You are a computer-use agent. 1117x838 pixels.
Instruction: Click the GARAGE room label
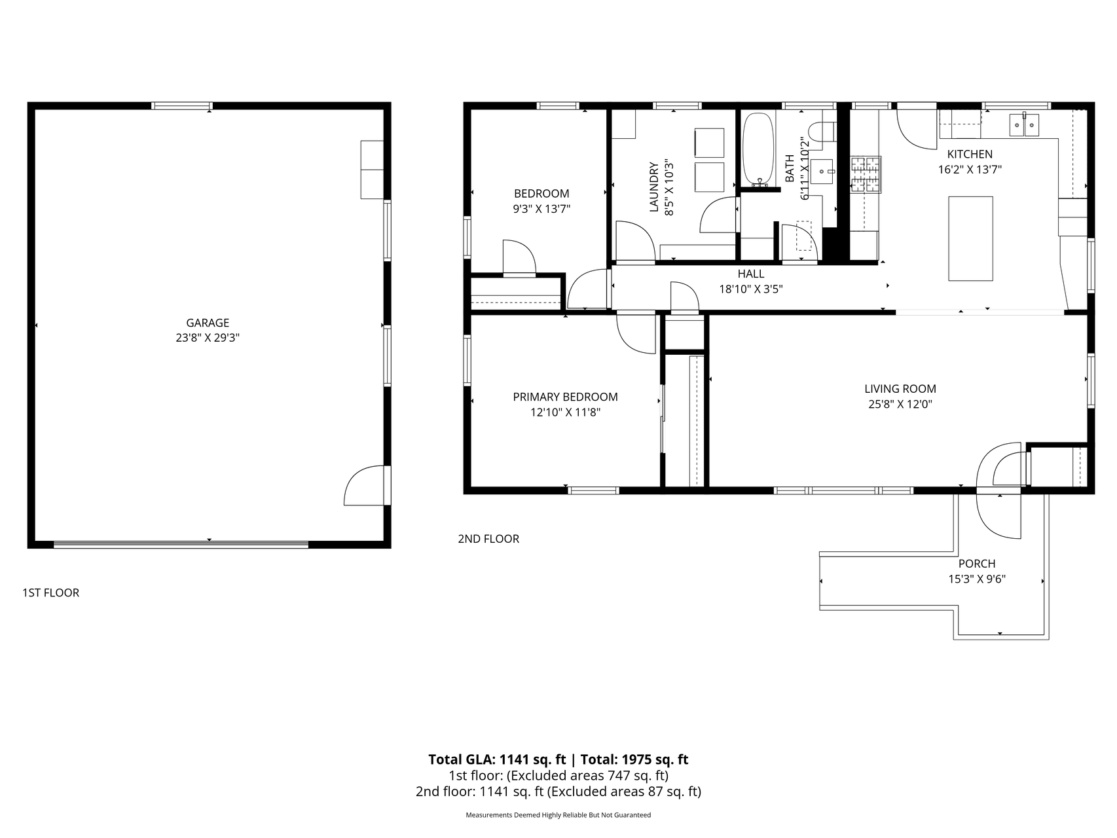tap(208, 323)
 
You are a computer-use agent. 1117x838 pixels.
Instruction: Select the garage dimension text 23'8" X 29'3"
tap(208, 338)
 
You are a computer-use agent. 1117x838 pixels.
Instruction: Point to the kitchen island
tap(970, 238)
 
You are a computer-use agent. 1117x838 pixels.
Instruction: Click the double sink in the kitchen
tap(1023, 124)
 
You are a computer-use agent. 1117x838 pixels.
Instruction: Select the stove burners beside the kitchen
tap(866, 175)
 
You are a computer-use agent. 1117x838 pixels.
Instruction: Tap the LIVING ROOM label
tap(900, 389)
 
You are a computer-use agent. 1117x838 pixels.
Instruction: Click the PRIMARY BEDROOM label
tap(565, 397)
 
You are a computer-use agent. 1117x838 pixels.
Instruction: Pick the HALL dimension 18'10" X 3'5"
tap(751, 289)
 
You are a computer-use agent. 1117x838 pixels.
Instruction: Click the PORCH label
tap(976, 564)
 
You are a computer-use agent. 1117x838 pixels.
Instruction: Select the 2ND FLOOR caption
tap(488, 539)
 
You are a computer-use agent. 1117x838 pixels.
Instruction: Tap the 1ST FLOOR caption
tap(50, 592)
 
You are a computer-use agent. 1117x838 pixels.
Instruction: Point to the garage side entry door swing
tap(365, 486)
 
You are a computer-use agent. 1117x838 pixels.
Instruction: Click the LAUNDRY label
tap(653, 187)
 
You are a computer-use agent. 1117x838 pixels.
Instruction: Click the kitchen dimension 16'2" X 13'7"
tap(970, 170)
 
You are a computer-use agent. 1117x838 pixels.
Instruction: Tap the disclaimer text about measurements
tap(558, 815)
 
